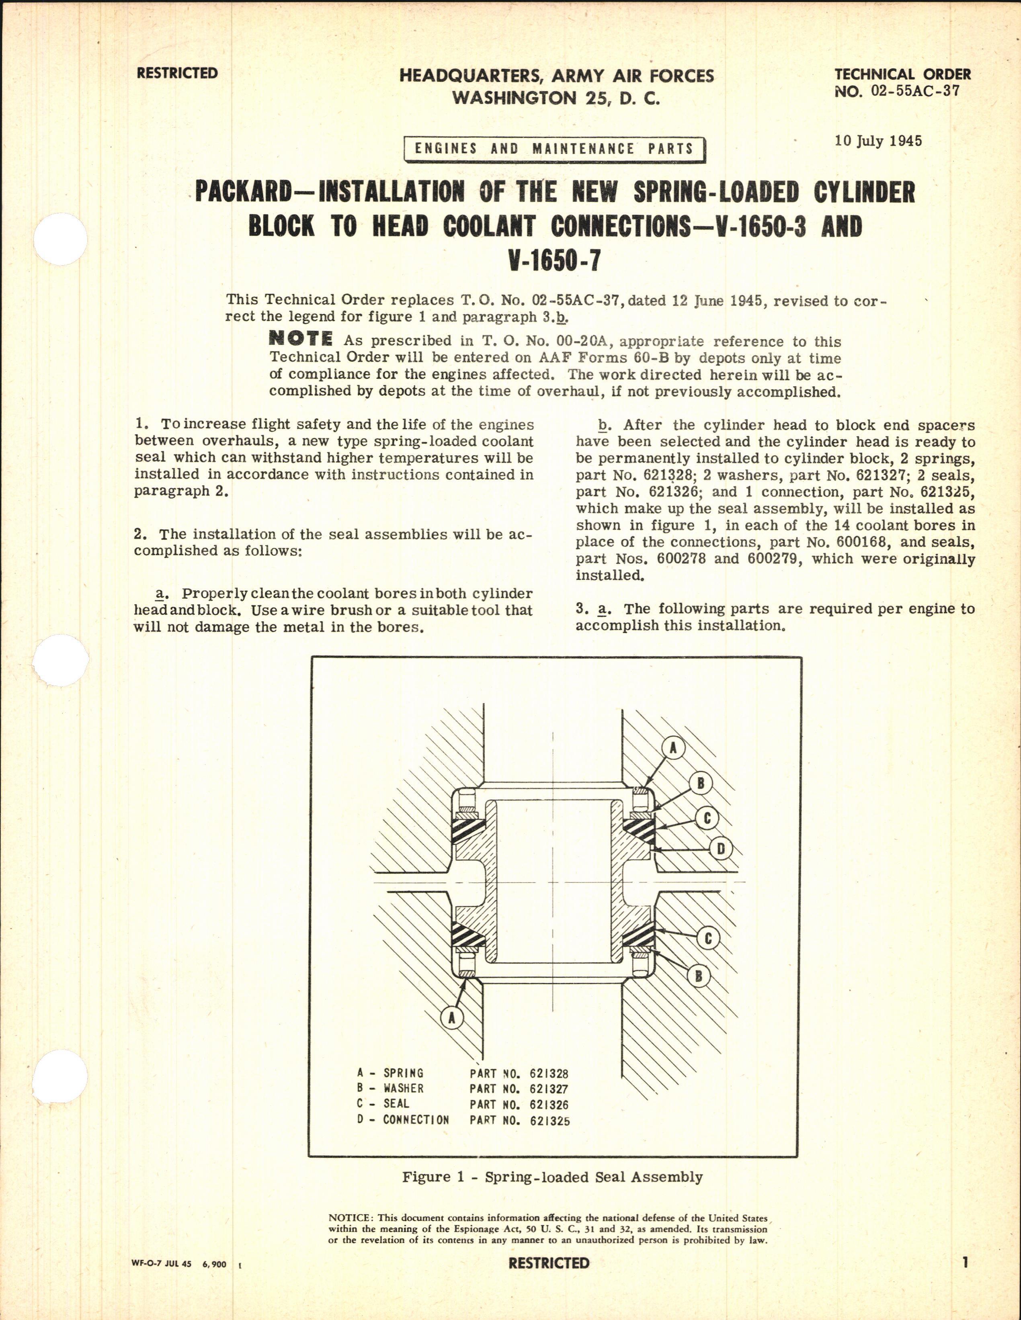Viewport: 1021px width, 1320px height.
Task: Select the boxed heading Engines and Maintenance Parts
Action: click(x=554, y=149)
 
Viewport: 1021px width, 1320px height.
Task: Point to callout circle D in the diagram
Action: click(x=721, y=849)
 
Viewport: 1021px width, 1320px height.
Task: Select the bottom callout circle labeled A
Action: click(x=451, y=1018)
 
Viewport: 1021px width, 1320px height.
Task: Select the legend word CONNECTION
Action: click(x=416, y=1120)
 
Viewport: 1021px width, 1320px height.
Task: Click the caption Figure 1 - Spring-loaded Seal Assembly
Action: click(x=552, y=1177)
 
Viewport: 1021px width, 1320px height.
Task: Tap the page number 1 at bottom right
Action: click(x=966, y=1263)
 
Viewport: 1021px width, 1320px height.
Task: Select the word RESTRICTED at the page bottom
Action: click(x=548, y=1263)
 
